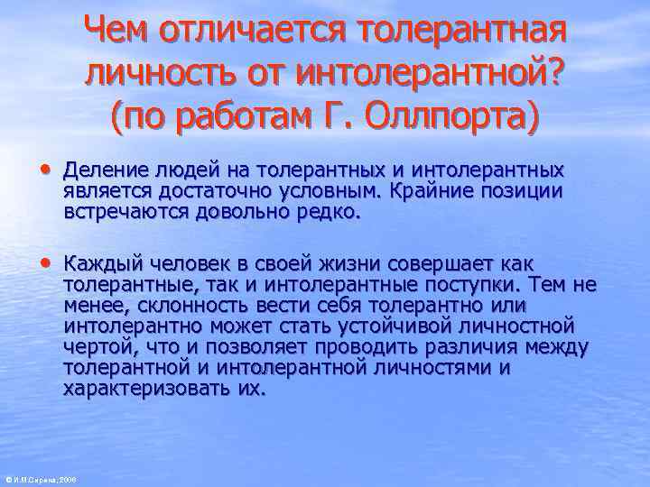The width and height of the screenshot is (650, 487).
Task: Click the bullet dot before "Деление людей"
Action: coord(45,169)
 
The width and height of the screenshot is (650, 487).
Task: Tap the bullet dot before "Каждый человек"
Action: coord(45,263)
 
